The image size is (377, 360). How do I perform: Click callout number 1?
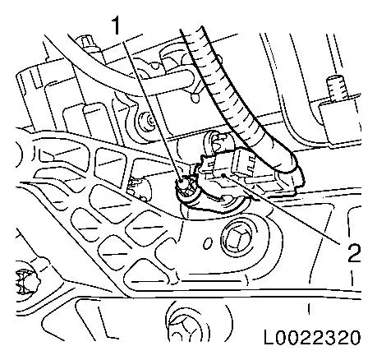click(117, 25)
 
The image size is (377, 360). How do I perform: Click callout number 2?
click(353, 253)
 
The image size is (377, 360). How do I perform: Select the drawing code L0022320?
click(312, 337)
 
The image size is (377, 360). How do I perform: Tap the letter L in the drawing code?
click(269, 337)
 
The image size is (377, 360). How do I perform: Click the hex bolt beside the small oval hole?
click(237, 239)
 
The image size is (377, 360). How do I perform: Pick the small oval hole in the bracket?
click(208, 243)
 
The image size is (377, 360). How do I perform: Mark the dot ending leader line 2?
click(223, 175)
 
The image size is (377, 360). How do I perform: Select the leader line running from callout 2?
click(282, 208)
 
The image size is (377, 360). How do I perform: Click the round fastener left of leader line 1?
click(145, 122)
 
